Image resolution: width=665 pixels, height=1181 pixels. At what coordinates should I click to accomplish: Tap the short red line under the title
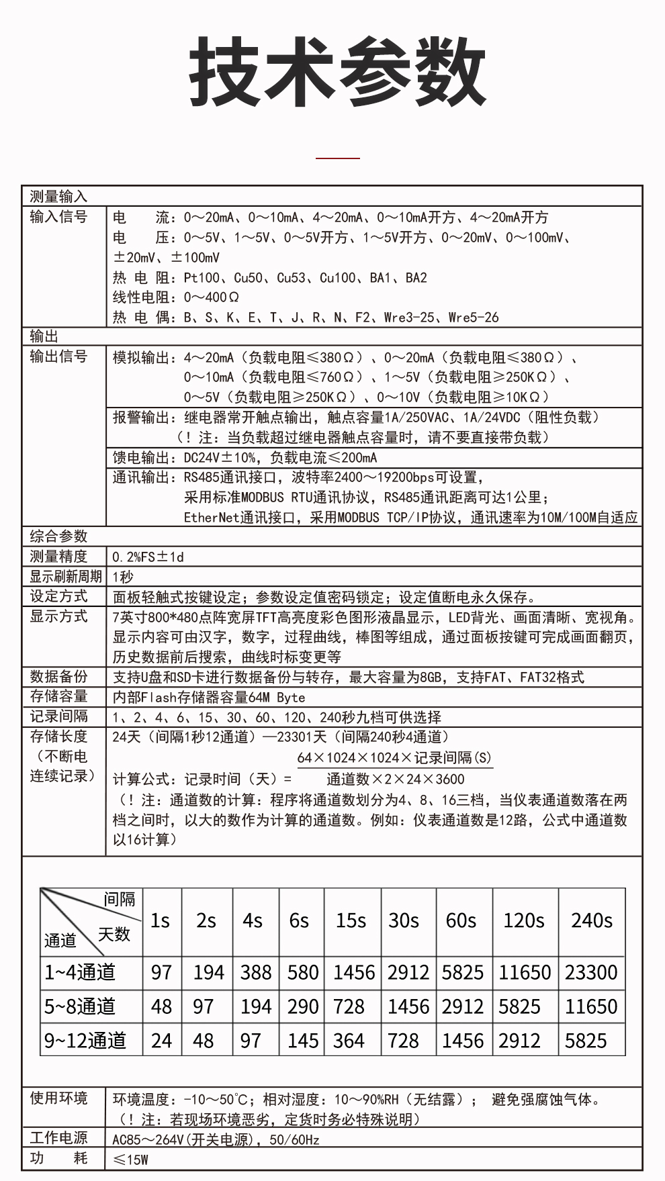coord(338,158)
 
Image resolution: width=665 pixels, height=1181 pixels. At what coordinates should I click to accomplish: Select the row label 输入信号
coord(58,217)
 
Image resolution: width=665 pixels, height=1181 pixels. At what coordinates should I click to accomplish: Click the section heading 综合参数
coord(58,536)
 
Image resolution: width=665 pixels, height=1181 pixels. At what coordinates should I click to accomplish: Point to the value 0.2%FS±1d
coord(148,557)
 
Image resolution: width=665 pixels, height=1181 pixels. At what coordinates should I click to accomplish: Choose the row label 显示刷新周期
coord(65,576)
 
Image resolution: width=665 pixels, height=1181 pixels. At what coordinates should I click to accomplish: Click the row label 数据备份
coord(58,676)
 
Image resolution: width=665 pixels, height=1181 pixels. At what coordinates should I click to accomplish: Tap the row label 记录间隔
coord(58,716)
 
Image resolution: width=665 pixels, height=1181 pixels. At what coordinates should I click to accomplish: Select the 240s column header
coord(591,920)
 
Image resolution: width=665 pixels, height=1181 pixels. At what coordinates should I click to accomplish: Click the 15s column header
coord(351,920)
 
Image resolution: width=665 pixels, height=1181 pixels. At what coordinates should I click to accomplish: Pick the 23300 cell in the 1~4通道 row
coord(590,972)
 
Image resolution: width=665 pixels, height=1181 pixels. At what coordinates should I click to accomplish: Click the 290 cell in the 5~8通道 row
coord(302,1006)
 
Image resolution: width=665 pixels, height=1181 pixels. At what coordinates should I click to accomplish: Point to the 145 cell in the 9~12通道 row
coord(302,1041)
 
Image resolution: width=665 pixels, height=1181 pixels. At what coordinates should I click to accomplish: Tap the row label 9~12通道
coord(85,1041)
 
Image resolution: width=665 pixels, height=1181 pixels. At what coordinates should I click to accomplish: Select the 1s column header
coord(160,920)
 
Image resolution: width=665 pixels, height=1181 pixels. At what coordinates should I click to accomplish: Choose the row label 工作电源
coord(58,1138)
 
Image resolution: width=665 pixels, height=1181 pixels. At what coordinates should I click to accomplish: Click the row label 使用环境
coord(58,1098)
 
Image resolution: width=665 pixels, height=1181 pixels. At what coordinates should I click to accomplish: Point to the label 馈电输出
coord(140,458)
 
